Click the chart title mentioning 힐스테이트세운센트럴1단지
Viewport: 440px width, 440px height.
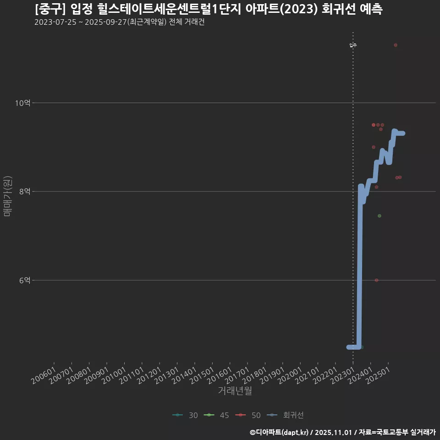tap(209, 9)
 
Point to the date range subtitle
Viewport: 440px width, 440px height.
tap(119, 22)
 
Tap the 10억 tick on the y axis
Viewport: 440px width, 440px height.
tap(23, 103)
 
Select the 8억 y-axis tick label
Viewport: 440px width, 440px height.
tap(25, 192)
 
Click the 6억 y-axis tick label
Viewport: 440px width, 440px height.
tap(25, 280)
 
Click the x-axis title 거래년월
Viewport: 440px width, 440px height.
tap(235, 391)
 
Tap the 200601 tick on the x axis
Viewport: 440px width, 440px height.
tap(44, 375)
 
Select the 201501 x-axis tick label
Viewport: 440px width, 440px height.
tap(202, 375)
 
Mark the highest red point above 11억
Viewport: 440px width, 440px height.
tap(396, 45)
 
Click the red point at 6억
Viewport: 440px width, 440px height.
tap(376, 280)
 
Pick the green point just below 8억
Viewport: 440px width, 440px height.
tap(379, 216)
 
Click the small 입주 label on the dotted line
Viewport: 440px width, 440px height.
tap(353, 45)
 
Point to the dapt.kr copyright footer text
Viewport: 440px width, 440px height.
tap(343, 432)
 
